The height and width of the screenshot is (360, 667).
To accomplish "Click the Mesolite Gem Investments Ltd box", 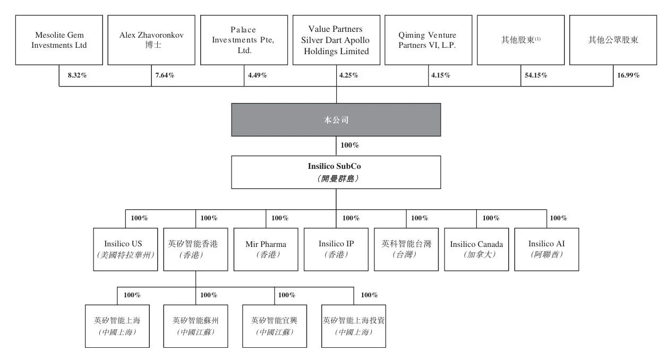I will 59,40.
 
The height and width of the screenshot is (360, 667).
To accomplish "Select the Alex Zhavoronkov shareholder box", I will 151,40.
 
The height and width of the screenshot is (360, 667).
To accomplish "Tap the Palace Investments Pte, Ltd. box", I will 244,40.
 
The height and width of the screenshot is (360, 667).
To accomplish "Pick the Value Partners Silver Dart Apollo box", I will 336,40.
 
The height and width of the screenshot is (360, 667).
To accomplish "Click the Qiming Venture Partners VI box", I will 427,40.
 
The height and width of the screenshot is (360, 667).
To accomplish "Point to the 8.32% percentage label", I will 77,75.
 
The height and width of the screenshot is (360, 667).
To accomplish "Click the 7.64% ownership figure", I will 165,75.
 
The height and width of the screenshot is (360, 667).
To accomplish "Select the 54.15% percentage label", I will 536,75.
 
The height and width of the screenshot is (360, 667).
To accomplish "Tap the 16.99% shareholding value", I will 628,75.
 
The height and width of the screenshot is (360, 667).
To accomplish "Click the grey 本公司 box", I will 336,120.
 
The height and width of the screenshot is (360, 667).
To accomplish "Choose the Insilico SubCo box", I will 336,172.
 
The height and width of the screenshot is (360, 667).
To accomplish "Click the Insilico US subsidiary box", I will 126,249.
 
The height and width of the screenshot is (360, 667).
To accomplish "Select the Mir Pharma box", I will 266,249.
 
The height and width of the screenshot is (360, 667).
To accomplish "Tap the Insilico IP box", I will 336,249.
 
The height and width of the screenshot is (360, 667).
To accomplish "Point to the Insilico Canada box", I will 476,249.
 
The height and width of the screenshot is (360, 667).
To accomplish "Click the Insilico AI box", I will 546,249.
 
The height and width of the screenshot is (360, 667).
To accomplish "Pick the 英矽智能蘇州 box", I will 195,326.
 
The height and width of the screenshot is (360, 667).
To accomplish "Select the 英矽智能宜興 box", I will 274,326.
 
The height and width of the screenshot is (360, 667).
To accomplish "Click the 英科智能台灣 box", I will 406,249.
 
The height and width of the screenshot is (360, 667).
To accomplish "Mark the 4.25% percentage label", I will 348,75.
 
